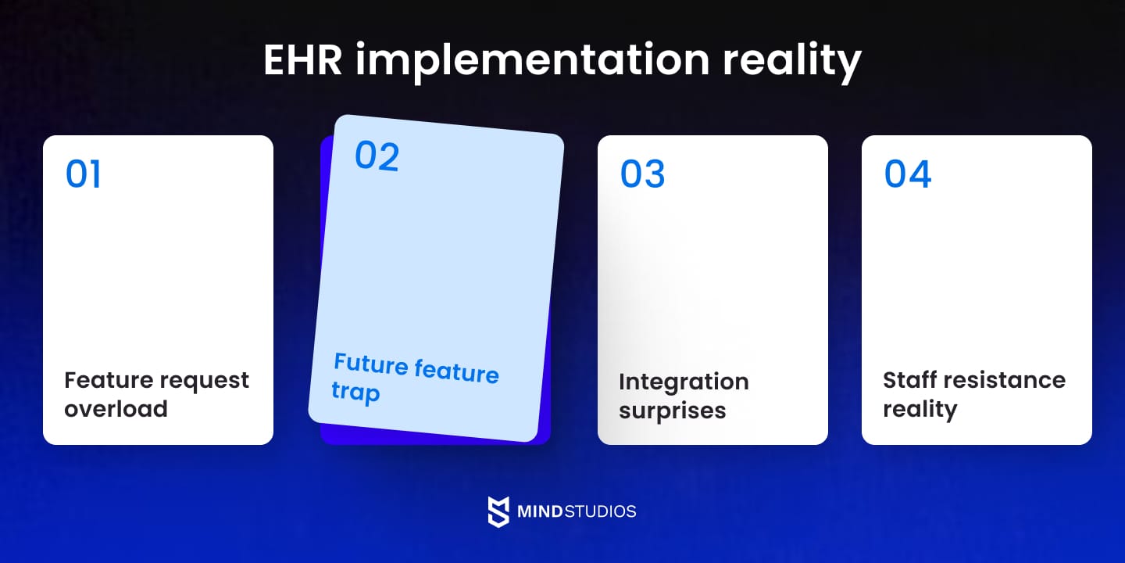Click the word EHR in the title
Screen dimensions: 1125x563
point(302,60)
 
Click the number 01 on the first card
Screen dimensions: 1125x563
point(84,174)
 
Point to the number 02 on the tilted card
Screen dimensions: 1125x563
point(377,156)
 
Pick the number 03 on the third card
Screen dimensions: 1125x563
point(642,174)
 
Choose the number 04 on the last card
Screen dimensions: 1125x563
point(908,174)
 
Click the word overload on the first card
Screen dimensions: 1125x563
point(116,409)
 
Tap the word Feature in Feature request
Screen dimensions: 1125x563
point(108,380)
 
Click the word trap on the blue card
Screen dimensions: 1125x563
point(355,390)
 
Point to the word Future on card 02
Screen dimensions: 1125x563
point(371,364)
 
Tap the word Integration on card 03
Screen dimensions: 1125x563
point(684,382)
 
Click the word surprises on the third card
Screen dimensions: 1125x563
point(672,411)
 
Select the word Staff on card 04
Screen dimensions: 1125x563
point(909,380)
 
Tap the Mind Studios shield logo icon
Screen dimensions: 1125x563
point(498,511)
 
